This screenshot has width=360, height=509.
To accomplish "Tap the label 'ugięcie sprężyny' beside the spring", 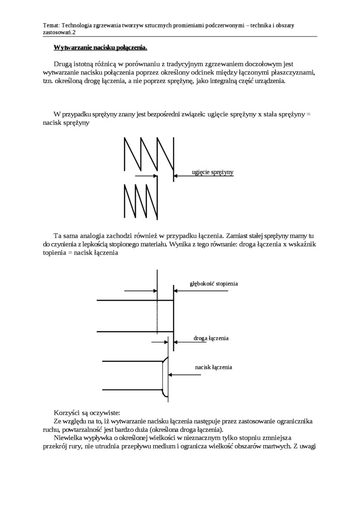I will [213, 172].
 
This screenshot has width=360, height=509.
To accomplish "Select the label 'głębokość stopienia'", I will [214, 284].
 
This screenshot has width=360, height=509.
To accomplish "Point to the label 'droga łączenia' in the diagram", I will [211, 339].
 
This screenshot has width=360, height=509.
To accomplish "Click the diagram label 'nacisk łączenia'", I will [213, 367].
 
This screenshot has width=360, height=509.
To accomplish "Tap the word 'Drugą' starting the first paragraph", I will [65, 63].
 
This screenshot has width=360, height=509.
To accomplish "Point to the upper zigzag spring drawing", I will [148, 154].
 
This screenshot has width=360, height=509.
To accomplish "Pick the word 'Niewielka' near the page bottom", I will [70, 438].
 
